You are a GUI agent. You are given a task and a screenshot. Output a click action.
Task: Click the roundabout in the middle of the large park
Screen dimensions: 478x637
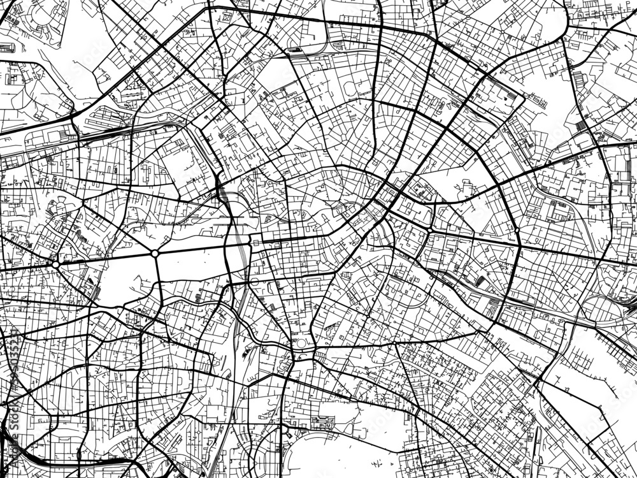pyautogui.click(x=155, y=254)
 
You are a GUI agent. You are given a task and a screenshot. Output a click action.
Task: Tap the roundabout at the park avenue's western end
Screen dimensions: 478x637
pyautogui.click(x=55, y=264)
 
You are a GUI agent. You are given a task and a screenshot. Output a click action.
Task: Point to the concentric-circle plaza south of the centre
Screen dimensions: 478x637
pyautogui.click(x=301, y=345)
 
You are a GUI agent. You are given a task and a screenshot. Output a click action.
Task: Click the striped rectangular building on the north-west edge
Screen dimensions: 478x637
pyautogui.click(x=8, y=47)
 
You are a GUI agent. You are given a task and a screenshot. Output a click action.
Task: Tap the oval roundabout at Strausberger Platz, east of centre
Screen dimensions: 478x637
pyautogui.click(x=431, y=229)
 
